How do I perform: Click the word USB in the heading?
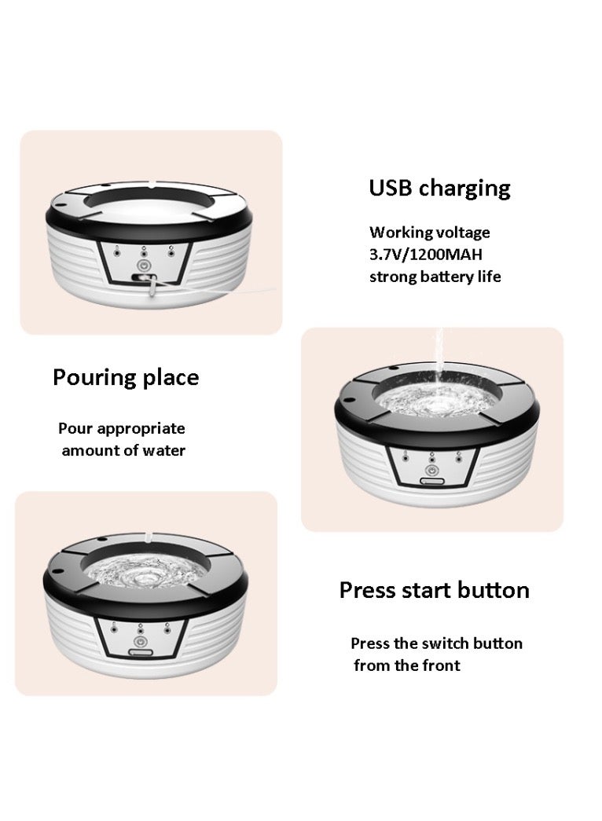tap(391, 189)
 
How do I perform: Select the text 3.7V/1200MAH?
tap(427, 255)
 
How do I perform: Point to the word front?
tap(442, 665)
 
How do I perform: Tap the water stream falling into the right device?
tap(434, 369)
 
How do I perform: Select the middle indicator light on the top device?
tap(145, 253)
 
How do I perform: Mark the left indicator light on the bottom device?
tap(116, 627)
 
